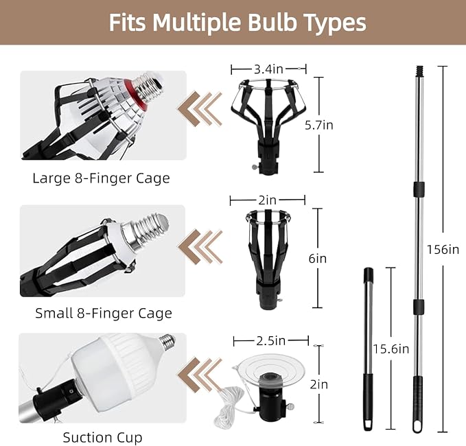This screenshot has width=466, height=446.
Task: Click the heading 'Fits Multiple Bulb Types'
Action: (237, 22)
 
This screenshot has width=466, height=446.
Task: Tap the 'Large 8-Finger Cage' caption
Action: (101, 178)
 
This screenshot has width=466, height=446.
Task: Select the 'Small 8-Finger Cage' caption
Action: (104, 313)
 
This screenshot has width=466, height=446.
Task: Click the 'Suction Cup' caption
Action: (102, 437)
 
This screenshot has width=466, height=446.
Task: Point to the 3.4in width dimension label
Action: (268, 69)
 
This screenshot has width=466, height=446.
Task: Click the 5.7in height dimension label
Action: (319, 125)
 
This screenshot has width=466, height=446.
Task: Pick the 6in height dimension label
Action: (317, 259)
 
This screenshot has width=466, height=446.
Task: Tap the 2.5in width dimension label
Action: (270, 341)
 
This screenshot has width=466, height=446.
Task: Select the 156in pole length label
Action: (443, 250)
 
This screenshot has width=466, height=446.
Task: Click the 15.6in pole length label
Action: (391, 349)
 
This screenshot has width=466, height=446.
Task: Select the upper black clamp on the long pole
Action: (419, 189)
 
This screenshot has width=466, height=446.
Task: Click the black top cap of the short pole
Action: (369, 274)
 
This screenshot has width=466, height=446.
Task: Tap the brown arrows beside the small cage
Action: (200, 246)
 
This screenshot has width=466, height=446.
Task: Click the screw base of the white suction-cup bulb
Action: (167, 341)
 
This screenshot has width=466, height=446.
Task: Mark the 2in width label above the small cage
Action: (267, 200)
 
